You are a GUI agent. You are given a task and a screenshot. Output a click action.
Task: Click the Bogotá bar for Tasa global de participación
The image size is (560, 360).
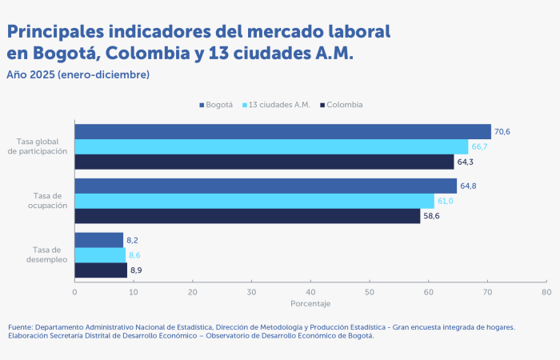282,132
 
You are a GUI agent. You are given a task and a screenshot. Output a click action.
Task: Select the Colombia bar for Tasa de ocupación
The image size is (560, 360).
247,216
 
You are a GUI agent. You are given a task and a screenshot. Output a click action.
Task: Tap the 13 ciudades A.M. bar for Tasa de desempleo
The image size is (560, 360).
100,255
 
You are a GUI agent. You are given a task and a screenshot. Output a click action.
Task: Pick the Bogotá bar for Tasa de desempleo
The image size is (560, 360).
98,240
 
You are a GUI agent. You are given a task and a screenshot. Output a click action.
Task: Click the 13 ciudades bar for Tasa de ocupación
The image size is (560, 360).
254,201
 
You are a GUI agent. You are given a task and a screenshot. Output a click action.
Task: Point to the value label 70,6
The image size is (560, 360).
502,132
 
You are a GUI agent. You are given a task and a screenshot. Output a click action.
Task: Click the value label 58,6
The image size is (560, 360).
432,216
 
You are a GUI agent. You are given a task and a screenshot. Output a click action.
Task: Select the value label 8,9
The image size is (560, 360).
137,270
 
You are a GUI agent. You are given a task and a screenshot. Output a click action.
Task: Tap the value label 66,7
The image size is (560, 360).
480,147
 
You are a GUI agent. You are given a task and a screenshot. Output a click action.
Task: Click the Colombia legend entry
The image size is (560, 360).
341,105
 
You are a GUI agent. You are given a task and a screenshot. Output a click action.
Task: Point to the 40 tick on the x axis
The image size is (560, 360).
310,292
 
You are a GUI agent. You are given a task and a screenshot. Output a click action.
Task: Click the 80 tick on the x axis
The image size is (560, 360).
546,292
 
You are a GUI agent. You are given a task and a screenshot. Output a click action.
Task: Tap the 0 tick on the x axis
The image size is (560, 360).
74,292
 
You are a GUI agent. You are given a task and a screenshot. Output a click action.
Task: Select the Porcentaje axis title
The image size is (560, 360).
310,304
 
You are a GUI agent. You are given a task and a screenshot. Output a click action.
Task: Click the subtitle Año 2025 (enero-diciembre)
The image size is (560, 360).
78,74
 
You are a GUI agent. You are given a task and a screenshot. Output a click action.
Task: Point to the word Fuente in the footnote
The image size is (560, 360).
21,327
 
